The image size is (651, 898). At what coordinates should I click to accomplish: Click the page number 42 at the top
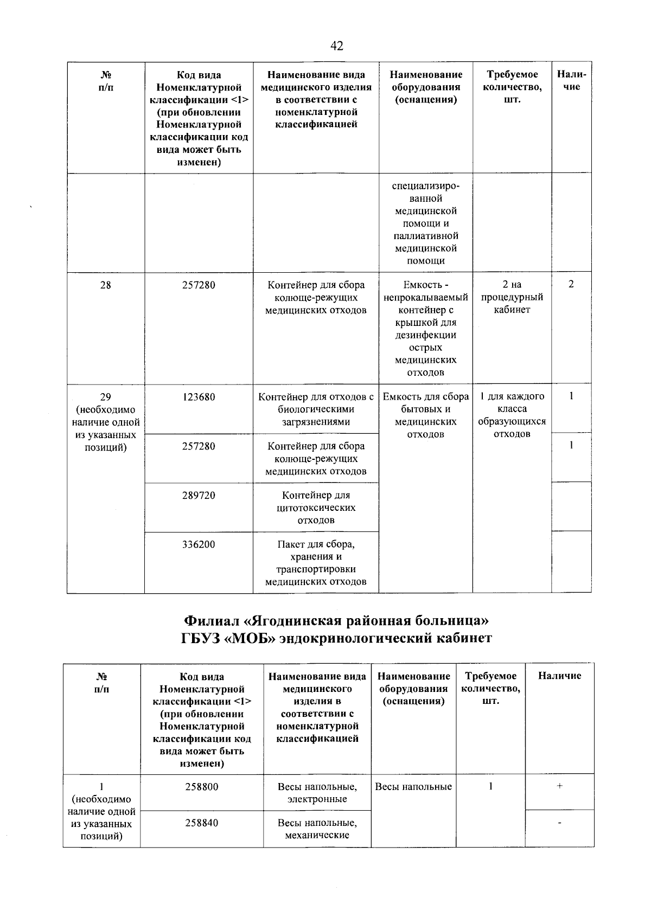click(336, 46)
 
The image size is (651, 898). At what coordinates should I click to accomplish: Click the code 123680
click(199, 397)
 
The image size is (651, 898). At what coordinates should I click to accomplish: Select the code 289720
click(199, 495)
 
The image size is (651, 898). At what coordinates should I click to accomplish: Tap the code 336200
click(199, 544)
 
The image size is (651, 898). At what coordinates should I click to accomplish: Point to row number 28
click(105, 285)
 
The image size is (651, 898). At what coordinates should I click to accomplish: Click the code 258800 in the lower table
click(202, 786)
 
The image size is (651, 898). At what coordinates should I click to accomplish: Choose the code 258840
click(202, 823)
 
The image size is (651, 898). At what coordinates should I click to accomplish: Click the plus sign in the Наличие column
click(559, 786)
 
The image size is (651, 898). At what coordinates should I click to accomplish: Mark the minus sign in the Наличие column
click(559, 823)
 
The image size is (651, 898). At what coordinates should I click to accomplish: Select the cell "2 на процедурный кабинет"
click(512, 297)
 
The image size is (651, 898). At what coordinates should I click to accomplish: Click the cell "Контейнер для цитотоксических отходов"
click(316, 508)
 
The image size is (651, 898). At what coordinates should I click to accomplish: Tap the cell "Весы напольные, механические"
click(317, 829)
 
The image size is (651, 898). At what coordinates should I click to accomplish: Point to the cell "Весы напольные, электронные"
click(317, 792)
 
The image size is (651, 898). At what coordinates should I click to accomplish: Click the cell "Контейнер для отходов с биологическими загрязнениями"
click(316, 409)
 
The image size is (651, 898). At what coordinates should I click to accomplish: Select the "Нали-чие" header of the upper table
click(571, 81)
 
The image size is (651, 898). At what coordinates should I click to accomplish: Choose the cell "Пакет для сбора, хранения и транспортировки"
click(316, 563)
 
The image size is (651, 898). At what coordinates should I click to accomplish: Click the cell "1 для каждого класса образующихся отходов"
click(512, 415)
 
